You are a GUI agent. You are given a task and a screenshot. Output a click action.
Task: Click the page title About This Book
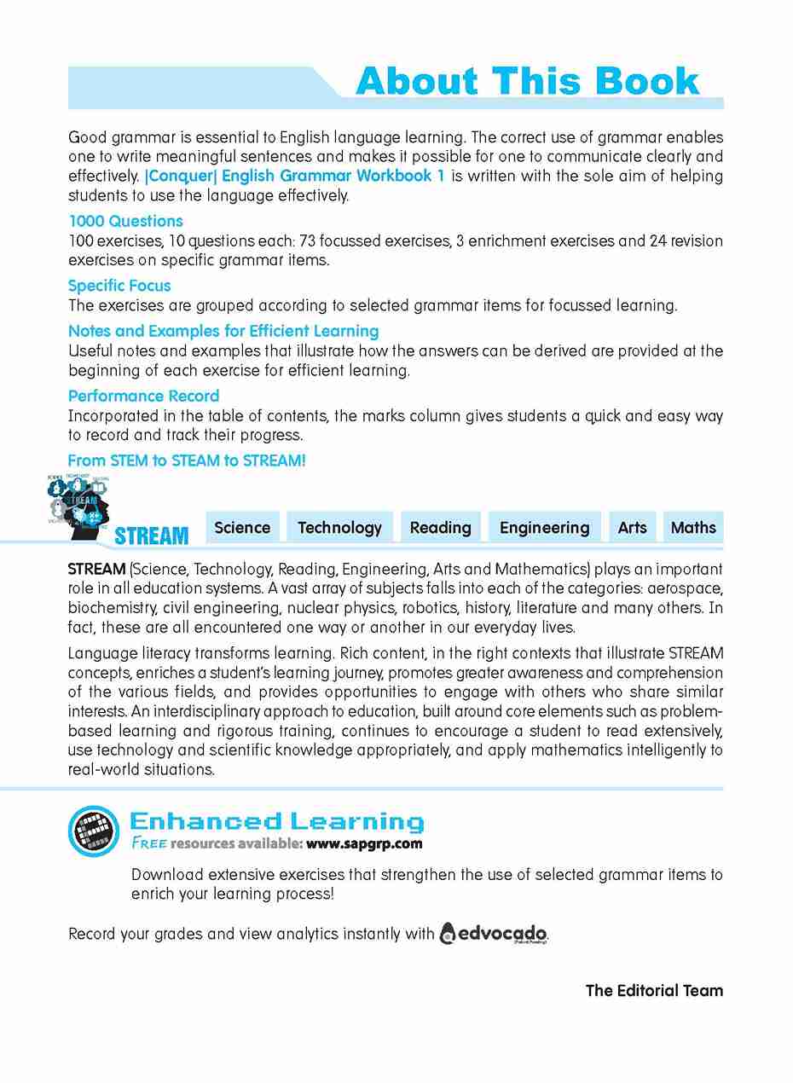coord(527,82)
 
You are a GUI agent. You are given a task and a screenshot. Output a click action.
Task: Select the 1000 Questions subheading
coord(125,221)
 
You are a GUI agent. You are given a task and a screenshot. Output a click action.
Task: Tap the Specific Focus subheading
coord(119,286)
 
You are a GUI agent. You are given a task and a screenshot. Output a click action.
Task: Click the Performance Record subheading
coord(143,396)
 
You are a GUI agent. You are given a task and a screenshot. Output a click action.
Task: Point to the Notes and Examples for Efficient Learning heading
coord(223,331)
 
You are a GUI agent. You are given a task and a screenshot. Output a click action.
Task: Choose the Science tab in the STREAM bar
coord(242,528)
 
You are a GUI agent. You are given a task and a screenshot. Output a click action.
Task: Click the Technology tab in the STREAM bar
coord(339,528)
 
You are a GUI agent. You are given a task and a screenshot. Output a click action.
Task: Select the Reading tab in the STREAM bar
coord(440,528)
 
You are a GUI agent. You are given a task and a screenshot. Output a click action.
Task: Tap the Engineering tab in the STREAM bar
coord(544,528)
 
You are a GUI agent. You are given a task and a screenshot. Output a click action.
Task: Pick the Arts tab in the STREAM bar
coord(632,528)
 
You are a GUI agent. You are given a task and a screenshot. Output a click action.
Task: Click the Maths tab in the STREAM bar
coord(693,528)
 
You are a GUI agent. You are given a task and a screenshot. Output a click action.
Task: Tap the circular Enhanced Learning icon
coord(94,831)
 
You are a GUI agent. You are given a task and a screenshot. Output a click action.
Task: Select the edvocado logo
coord(493,933)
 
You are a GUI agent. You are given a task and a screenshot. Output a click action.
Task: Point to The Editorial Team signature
coord(654,990)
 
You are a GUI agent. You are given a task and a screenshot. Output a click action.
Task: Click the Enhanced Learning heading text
coord(276,821)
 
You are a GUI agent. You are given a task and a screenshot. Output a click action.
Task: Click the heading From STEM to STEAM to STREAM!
coord(187,460)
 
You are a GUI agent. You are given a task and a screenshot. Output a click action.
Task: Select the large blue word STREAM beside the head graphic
coord(151,536)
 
